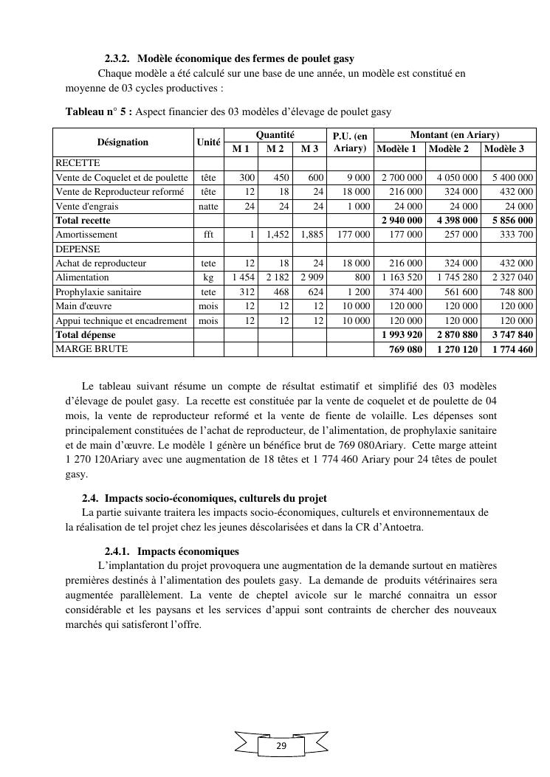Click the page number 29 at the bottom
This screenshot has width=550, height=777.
(x=281, y=747)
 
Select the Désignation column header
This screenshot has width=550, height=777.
(x=123, y=142)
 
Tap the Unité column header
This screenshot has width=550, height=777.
(x=208, y=142)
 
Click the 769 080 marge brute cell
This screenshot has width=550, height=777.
(x=406, y=349)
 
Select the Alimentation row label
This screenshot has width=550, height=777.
(x=82, y=277)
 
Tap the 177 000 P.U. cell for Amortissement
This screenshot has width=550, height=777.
(x=352, y=235)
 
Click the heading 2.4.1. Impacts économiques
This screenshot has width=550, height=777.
(x=172, y=551)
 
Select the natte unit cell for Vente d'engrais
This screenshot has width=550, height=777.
(x=208, y=207)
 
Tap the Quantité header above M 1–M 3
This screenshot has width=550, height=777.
(x=275, y=135)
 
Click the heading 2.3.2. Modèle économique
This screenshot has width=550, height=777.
(x=230, y=58)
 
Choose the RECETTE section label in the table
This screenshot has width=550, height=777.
(x=78, y=163)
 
